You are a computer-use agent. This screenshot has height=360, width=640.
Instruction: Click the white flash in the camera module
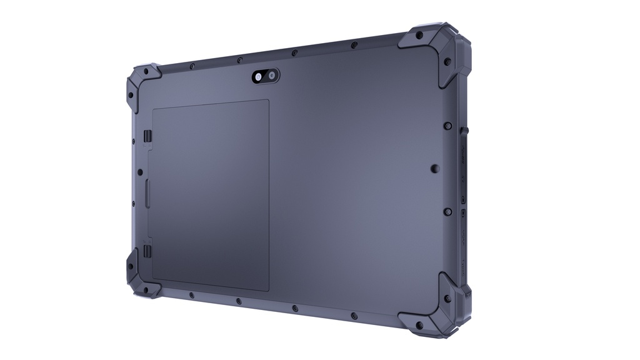(x=259, y=76)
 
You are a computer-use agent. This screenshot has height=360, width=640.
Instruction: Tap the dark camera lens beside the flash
(x=272, y=76)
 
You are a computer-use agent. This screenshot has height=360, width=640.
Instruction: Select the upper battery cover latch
(x=147, y=136)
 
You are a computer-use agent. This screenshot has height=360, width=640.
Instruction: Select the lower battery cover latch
(x=147, y=251)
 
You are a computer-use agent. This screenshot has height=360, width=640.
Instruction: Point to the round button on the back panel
(x=435, y=168)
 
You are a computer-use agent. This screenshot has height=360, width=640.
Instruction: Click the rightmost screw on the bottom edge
(x=354, y=316)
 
